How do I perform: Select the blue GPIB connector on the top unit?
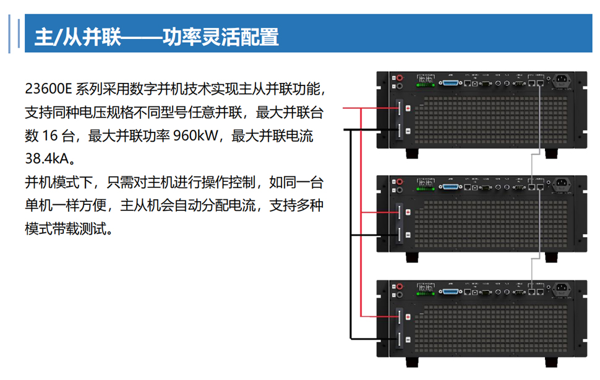point(450,82)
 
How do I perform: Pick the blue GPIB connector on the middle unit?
point(450,186)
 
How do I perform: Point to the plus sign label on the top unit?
point(400,108)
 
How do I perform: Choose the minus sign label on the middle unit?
point(400,234)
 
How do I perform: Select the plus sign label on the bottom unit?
point(400,316)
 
